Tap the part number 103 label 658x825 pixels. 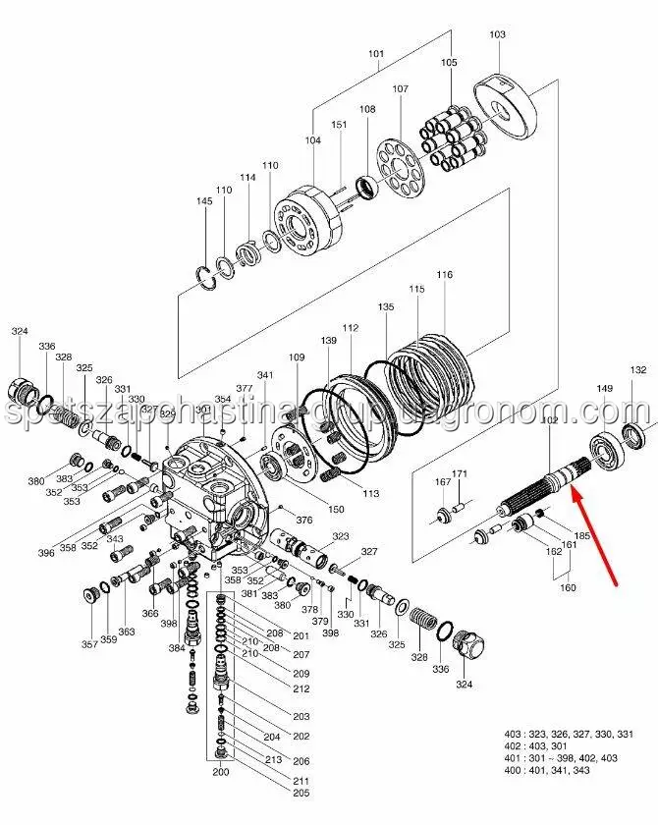tap(497, 35)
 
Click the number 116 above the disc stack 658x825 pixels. tap(445, 275)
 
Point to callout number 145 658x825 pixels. tap(204, 201)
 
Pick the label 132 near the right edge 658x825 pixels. tap(638, 370)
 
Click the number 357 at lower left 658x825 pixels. tap(89, 644)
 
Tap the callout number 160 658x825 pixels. tap(568, 588)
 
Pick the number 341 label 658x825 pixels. tap(265, 376)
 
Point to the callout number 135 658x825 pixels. tap(386, 307)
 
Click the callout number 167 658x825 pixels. tap(442, 481)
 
